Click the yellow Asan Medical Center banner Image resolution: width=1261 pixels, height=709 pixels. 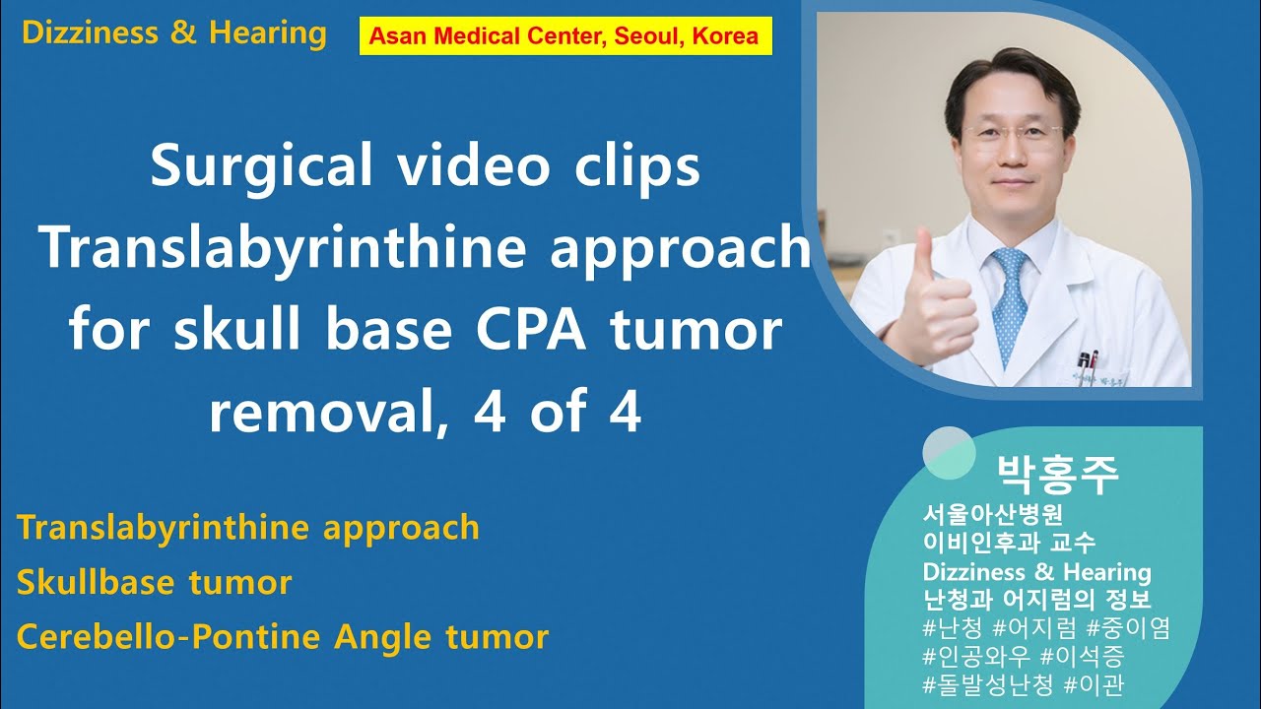(564, 36)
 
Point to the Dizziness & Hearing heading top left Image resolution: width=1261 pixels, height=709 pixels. (173, 32)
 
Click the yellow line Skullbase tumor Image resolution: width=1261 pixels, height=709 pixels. (155, 582)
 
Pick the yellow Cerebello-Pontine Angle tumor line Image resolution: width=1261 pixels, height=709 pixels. (283, 636)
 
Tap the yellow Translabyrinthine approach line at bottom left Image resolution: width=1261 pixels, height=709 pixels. (248, 528)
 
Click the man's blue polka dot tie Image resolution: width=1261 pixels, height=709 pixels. (1011, 304)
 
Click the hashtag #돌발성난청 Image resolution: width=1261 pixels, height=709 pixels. (988, 683)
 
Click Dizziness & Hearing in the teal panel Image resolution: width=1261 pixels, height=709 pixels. (1036, 572)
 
